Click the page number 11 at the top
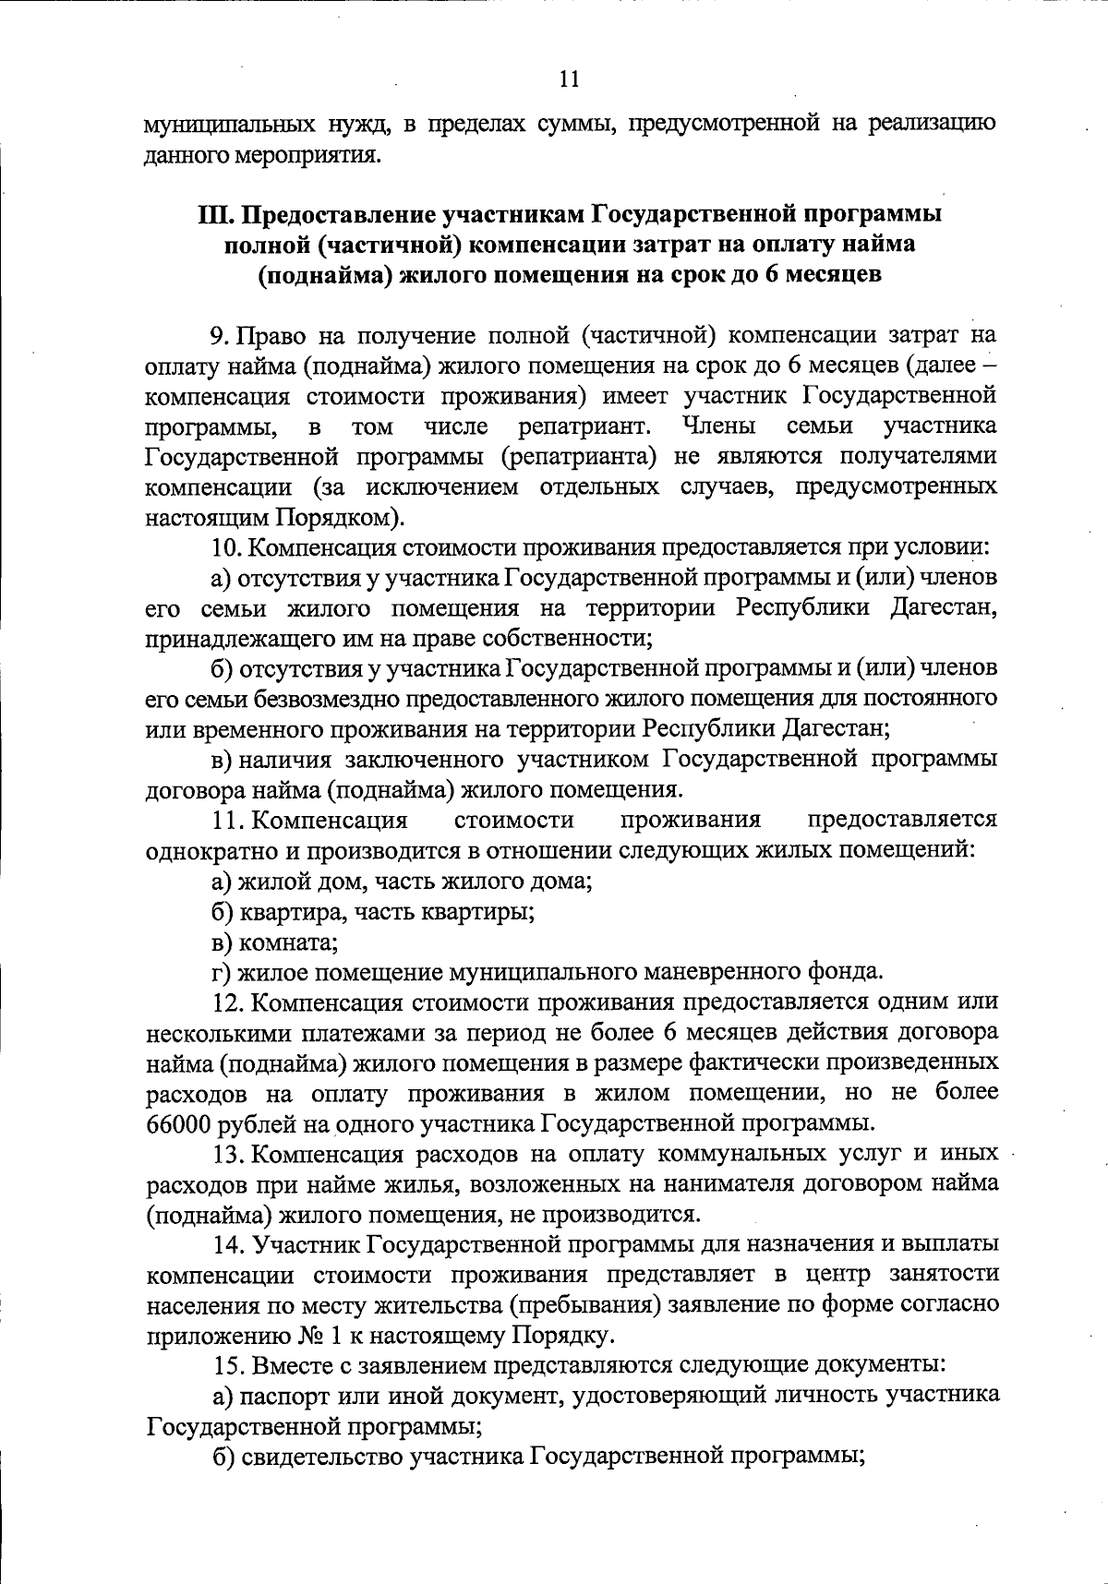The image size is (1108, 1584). coord(569,79)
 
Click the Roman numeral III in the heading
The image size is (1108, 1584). coord(214,215)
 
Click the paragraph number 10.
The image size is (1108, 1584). coord(227,547)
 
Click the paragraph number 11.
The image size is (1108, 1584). coord(227,820)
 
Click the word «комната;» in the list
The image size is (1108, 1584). coord(287,942)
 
